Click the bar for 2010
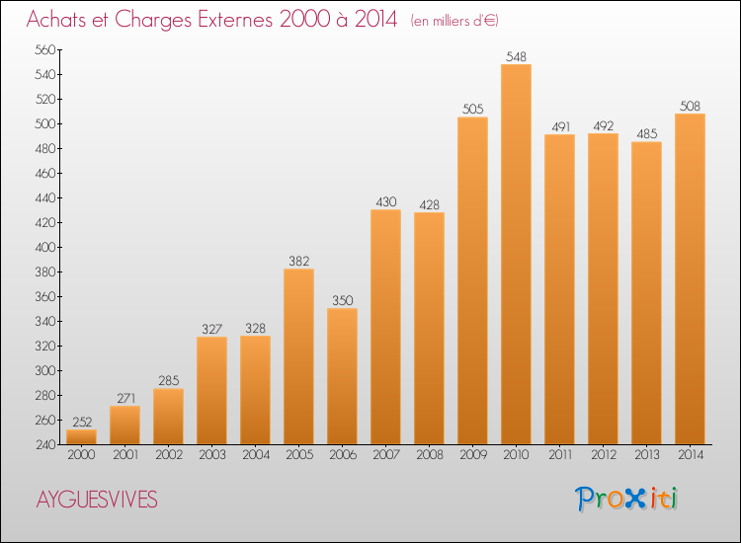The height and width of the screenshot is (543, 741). pyautogui.click(x=516, y=254)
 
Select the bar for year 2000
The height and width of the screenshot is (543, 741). pyautogui.click(x=81, y=436)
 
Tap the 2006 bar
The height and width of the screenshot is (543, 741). pyautogui.click(x=342, y=376)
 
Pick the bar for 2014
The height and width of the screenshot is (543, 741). pyautogui.click(x=690, y=278)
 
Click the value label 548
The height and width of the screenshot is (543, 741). pyautogui.click(x=516, y=56)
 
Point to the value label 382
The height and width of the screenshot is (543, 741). pyautogui.click(x=298, y=261)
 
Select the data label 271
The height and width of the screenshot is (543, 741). pyautogui.click(x=125, y=399)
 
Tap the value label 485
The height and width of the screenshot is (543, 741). pyautogui.click(x=646, y=134)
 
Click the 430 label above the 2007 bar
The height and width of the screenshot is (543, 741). pyautogui.click(x=385, y=202)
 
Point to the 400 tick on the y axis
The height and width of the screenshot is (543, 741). pyautogui.click(x=45, y=248)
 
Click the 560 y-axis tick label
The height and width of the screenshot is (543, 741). pyautogui.click(x=45, y=49)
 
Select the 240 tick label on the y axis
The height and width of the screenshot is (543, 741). pyautogui.click(x=45, y=445)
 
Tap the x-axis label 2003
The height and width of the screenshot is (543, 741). pyautogui.click(x=212, y=455)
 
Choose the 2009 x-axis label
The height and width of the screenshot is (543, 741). pyautogui.click(x=473, y=455)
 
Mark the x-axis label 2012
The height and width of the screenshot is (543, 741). pyautogui.click(x=604, y=455)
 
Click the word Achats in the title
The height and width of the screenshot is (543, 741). pyautogui.click(x=56, y=19)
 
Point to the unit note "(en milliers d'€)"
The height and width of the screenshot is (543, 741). pyautogui.click(x=454, y=21)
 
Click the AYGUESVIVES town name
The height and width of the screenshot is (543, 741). pyautogui.click(x=97, y=500)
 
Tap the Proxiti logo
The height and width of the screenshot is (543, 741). pyautogui.click(x=626, y=499)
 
